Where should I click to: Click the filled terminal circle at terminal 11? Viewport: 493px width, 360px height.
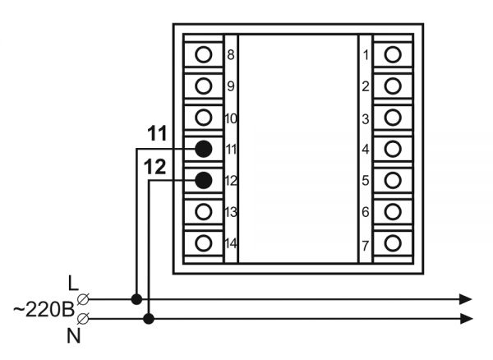click(204, 149)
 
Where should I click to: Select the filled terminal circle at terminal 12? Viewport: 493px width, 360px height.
click(204, 180)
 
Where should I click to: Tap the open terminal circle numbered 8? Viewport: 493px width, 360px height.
click(204, 54)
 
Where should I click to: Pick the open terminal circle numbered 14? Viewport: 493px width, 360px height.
click(204, 243)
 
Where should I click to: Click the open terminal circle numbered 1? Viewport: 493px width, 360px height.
click(393, 54)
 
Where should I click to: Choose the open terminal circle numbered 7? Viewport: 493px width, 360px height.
click(393, 243)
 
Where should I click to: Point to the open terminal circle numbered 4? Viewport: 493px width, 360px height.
click(393, 149)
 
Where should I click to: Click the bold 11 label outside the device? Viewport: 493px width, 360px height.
click(157, 133)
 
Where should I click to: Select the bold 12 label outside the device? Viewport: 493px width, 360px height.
click(154, 167)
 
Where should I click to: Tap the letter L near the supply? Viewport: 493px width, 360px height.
click(73, 284)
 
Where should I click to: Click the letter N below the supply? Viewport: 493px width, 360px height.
click(74, 336)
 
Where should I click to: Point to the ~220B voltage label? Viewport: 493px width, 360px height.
click(44, 309)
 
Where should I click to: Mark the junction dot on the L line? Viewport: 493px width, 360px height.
click(136, 299)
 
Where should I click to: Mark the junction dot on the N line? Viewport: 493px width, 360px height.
click(149, 319)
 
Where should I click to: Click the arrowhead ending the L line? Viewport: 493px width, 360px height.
click(466, 299)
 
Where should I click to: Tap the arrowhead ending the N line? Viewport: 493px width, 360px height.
click(466, 319)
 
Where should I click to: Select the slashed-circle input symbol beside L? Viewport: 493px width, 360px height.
click(83, 299)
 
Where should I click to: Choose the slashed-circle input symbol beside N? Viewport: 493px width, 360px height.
click(83, 319)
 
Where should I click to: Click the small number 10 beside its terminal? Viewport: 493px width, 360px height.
click(231, 119)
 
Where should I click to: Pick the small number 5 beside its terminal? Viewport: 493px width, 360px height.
click(366, 181)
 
